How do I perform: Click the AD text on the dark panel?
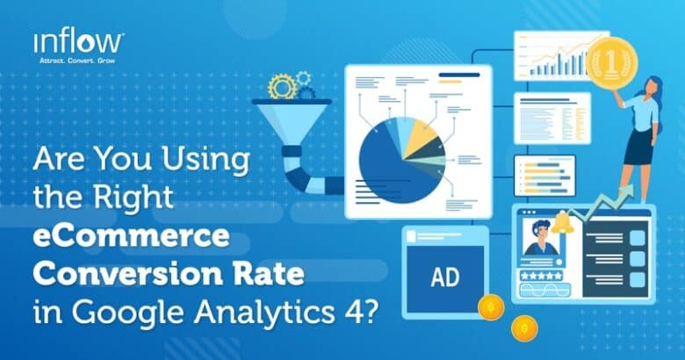pyautogui.click(x=443, y=277)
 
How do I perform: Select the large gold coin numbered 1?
pyautogui.click(x=609, y=62)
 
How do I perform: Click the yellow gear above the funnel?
pyautogui.click(x=283, y=86)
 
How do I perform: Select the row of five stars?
pyautogui.click(x=545, y=276)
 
